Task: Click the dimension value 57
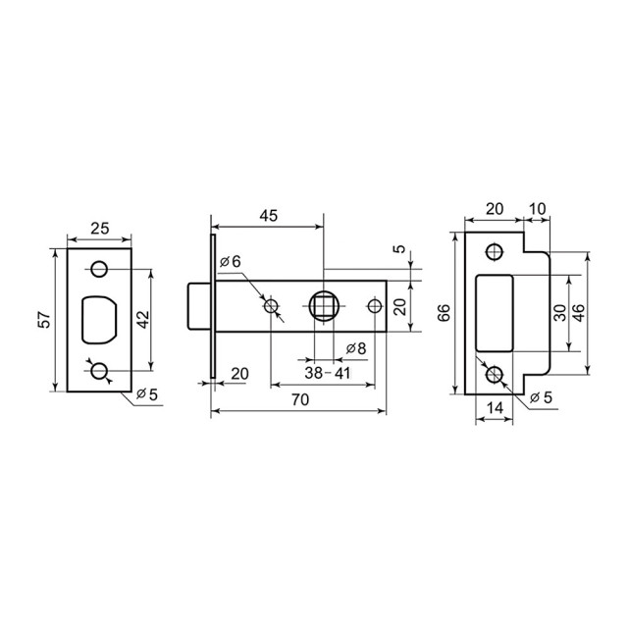[x=46, y=320]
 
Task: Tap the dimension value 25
[x=100, y=229]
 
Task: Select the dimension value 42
[x=143, y=320]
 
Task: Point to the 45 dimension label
[x=268, y=216]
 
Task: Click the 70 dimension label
[x=300, y=399]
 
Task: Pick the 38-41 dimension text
[x=328, y=373]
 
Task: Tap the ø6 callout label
[x=231, y=262]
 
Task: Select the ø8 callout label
[x=356, y=349]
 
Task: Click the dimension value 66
[x=444, y=313]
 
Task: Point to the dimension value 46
[x=578, y=313]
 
